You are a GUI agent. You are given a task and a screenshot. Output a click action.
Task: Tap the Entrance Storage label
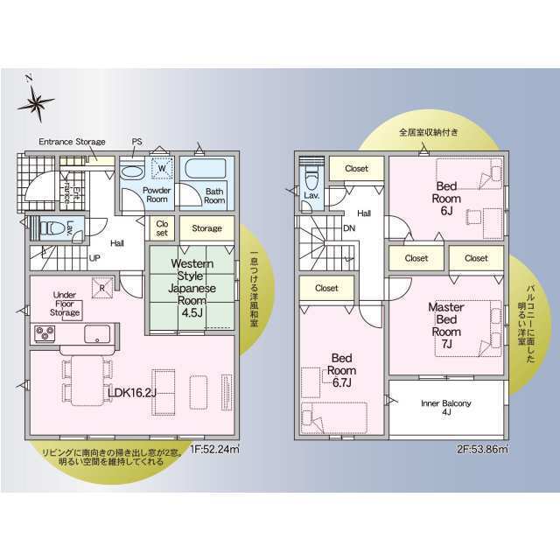[x=72, y=142]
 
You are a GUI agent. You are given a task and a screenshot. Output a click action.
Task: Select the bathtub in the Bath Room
[x=206, y=169]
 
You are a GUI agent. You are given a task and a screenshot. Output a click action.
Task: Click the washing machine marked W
[x=162, y=167]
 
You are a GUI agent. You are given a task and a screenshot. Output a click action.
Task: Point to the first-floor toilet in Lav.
[x=51, y=228]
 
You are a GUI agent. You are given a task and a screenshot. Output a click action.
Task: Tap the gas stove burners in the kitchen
[x=45, y=333]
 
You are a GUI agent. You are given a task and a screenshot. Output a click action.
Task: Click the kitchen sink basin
[x=97, y=334]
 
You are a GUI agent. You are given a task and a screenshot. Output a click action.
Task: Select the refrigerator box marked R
[x=102, y=288]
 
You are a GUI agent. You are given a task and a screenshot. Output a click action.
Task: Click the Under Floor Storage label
[x=65, y=304]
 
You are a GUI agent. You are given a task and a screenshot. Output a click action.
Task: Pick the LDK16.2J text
[x=132, y=393]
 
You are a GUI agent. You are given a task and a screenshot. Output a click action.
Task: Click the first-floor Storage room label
[x=206, y=228]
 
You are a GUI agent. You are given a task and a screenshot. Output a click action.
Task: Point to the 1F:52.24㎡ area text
[x=214, y=449]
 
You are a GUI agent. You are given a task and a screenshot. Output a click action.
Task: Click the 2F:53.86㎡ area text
[x=482, y=449]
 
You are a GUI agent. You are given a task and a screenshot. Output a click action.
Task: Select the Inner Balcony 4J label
[x=446, y=408]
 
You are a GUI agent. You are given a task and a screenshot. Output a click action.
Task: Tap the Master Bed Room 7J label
[x=446, y=325]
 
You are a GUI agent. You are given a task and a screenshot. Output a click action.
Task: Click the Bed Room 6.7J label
[x=342, y=370]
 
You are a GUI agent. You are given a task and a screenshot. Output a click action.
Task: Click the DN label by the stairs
[x=349, y=227]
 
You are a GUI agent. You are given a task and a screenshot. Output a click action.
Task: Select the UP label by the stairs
[x=94, y=258]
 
